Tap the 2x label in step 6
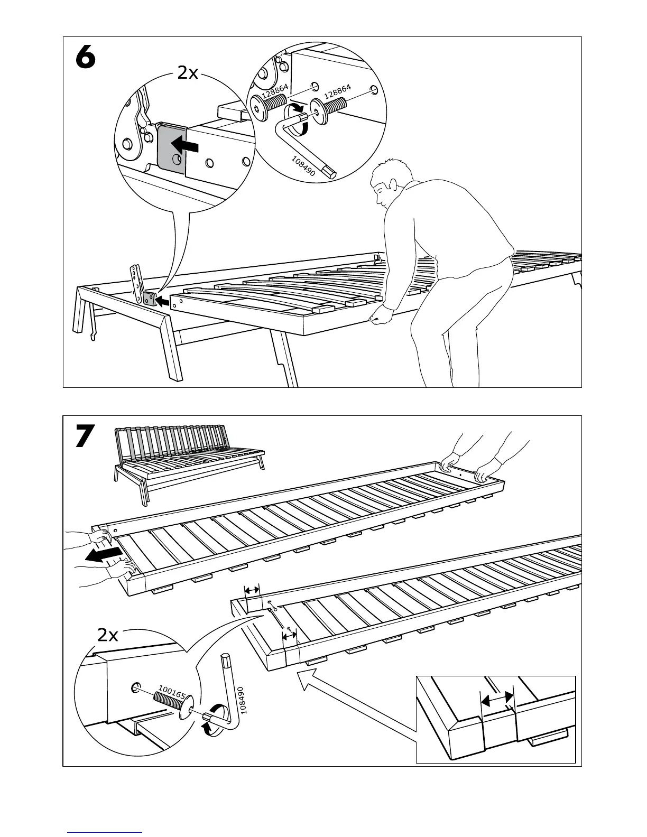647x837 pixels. point(188,72)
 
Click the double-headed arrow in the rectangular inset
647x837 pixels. point(497,699)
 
